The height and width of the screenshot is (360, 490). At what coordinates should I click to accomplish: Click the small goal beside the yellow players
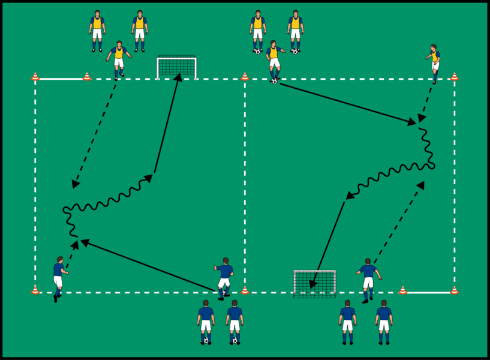pos(176,67)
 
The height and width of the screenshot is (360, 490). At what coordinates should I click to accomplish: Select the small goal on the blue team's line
pos(314,284)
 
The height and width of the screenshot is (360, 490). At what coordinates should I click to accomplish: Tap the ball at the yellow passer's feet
pos(274,80)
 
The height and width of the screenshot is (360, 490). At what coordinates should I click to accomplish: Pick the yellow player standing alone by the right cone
pos(434,61)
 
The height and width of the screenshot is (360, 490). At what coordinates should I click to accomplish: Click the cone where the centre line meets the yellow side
pos(245,76)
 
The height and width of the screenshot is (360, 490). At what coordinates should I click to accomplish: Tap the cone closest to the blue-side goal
pos(402,290)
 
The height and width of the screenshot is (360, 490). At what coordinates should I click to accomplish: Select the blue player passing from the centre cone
pos(224,277)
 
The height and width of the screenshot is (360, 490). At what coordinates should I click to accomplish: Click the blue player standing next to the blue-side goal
pos(368,278)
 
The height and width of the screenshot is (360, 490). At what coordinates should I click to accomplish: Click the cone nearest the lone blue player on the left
pos(35,290)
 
